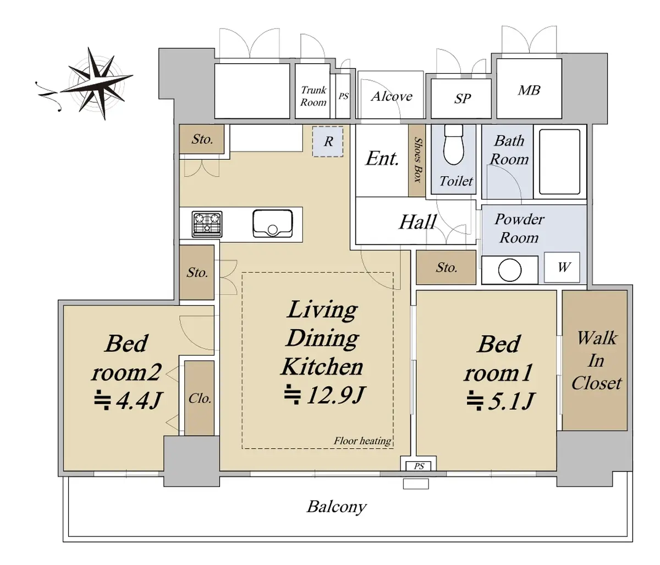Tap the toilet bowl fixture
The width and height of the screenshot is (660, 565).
click(453, 145)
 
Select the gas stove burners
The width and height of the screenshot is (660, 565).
click(207, 224)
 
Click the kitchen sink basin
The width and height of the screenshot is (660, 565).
click(272, 223)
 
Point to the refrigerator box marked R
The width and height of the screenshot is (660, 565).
click(328, 141)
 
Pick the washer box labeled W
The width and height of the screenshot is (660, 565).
click(562, 267)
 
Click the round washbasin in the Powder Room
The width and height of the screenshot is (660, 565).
click(510, 270)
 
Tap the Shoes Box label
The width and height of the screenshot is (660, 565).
click(417, 159)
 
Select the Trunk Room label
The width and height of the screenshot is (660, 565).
click(313, 96)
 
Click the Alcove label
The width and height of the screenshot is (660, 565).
click(392, 96)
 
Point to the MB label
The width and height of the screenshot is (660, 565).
click(529, 90)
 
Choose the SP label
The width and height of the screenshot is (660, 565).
click(462, 98)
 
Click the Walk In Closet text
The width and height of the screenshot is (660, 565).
click(596, 361)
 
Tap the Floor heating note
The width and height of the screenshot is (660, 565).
click(362, 441)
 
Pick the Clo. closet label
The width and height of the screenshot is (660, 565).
click(200, 398)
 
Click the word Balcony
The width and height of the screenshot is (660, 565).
click(337, 507)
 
